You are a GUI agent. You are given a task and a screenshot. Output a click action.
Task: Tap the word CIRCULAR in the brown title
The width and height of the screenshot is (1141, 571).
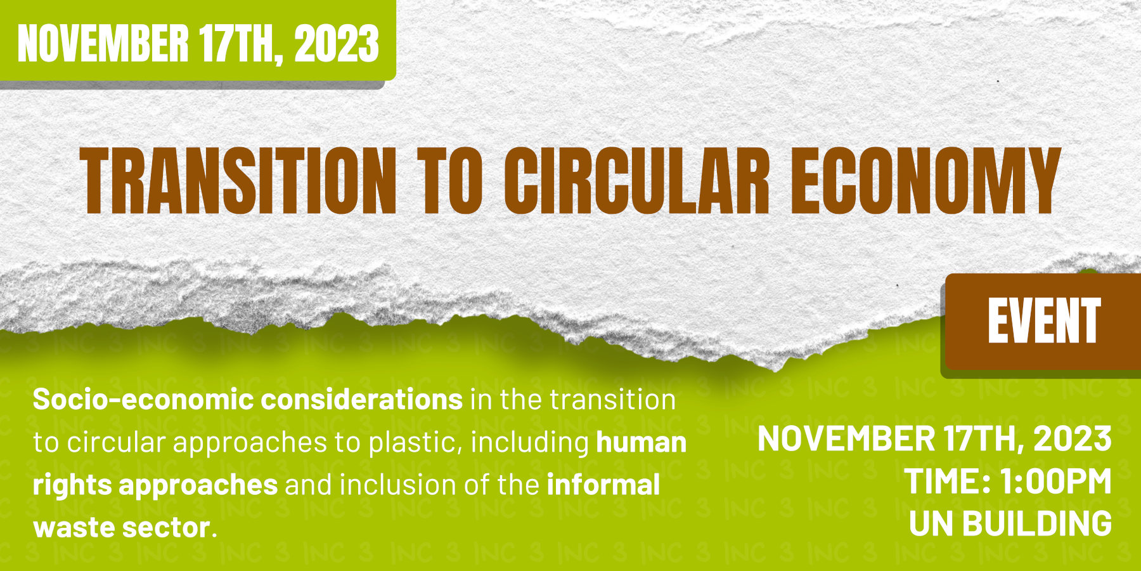tap(637, 181)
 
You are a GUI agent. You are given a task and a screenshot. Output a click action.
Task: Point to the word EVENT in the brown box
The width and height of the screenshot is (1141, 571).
tap(1043, 322)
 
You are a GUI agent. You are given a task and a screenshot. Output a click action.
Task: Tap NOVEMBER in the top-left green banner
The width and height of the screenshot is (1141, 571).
tap(103, 44)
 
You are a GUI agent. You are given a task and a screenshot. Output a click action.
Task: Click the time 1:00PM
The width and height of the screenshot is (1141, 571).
tap(1055, 482)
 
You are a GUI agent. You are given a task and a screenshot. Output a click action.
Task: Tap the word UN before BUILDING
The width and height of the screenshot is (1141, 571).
tap(931, 524)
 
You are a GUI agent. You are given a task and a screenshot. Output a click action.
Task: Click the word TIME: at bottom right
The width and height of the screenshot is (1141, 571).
tap(947, 482)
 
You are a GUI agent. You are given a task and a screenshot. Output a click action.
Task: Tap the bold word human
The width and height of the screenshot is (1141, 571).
tap(641, 442)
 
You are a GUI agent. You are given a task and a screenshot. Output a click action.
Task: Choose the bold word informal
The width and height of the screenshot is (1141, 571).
tap(603, 485)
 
